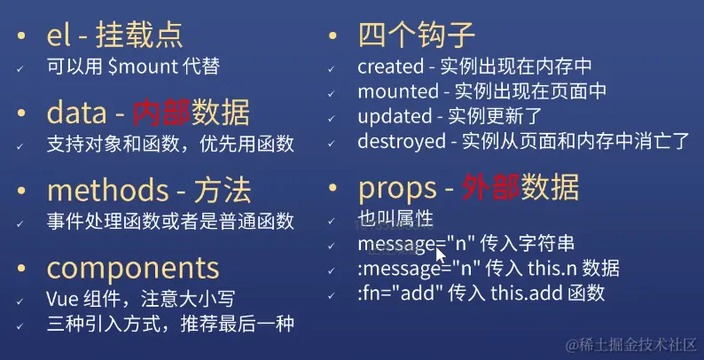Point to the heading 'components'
tap(132, 268)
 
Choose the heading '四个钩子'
tap(417, 35)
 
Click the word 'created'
tap(391, 67)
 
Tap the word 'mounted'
tap(398, 91)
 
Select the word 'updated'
tap(394, 116)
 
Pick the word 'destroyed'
tap(402, 141)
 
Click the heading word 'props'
tap(398, 188)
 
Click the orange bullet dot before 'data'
tap(24, 113)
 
